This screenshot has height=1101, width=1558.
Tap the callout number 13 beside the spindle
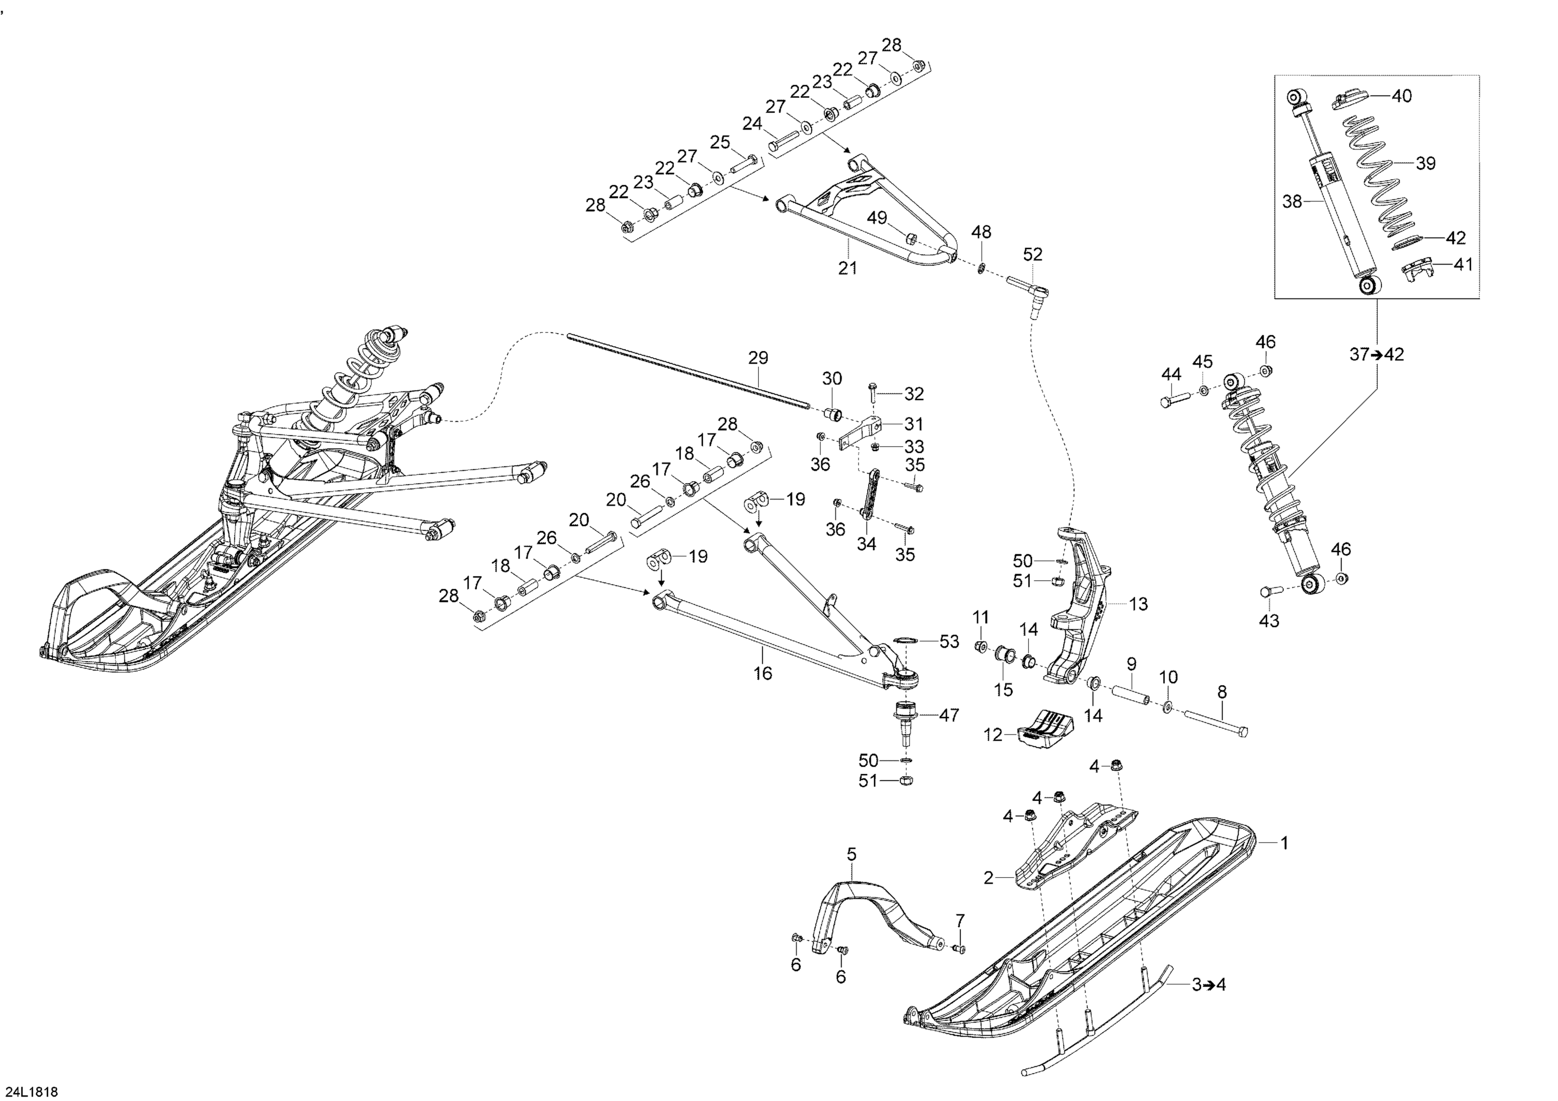1138,604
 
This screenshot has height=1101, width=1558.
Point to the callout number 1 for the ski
1284,843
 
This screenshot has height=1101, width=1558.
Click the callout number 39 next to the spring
1425,164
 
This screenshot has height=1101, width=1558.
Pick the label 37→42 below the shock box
1376,354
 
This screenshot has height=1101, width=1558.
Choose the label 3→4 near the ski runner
1208,984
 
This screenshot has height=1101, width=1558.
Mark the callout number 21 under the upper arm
848,269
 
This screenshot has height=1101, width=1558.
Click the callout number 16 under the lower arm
763,673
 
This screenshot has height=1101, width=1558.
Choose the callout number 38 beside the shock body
1292,201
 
